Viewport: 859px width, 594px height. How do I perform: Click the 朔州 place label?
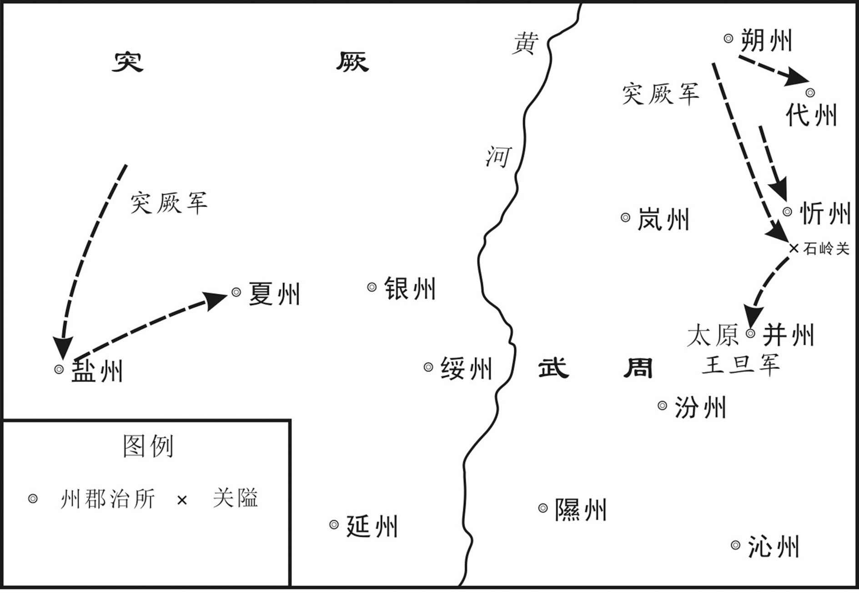pos(766,40)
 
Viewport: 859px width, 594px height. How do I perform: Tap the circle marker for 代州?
pos(810,93)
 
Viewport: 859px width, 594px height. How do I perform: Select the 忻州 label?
pos(824,212)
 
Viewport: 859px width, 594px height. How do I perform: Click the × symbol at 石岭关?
pos(794,248)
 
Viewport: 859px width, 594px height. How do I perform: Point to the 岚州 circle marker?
pos(625,217)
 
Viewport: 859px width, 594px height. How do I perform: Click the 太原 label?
pos(713,335)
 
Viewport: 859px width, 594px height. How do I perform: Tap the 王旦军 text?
pos(741,365)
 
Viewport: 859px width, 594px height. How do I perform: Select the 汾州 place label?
pos(700,407)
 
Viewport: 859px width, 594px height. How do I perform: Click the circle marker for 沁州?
pos(735,545)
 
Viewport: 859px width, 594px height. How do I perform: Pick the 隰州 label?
pos(581,509)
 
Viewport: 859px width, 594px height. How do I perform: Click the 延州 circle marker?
pos(334,524)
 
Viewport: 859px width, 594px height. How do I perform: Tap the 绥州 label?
pos(466,368)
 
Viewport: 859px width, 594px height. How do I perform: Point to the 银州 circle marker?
pos(372,287)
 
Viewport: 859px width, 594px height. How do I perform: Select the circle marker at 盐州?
pos(59,369)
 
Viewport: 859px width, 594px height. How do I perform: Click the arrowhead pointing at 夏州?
pos(216,300)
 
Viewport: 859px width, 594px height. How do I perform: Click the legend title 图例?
pos(148,446)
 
